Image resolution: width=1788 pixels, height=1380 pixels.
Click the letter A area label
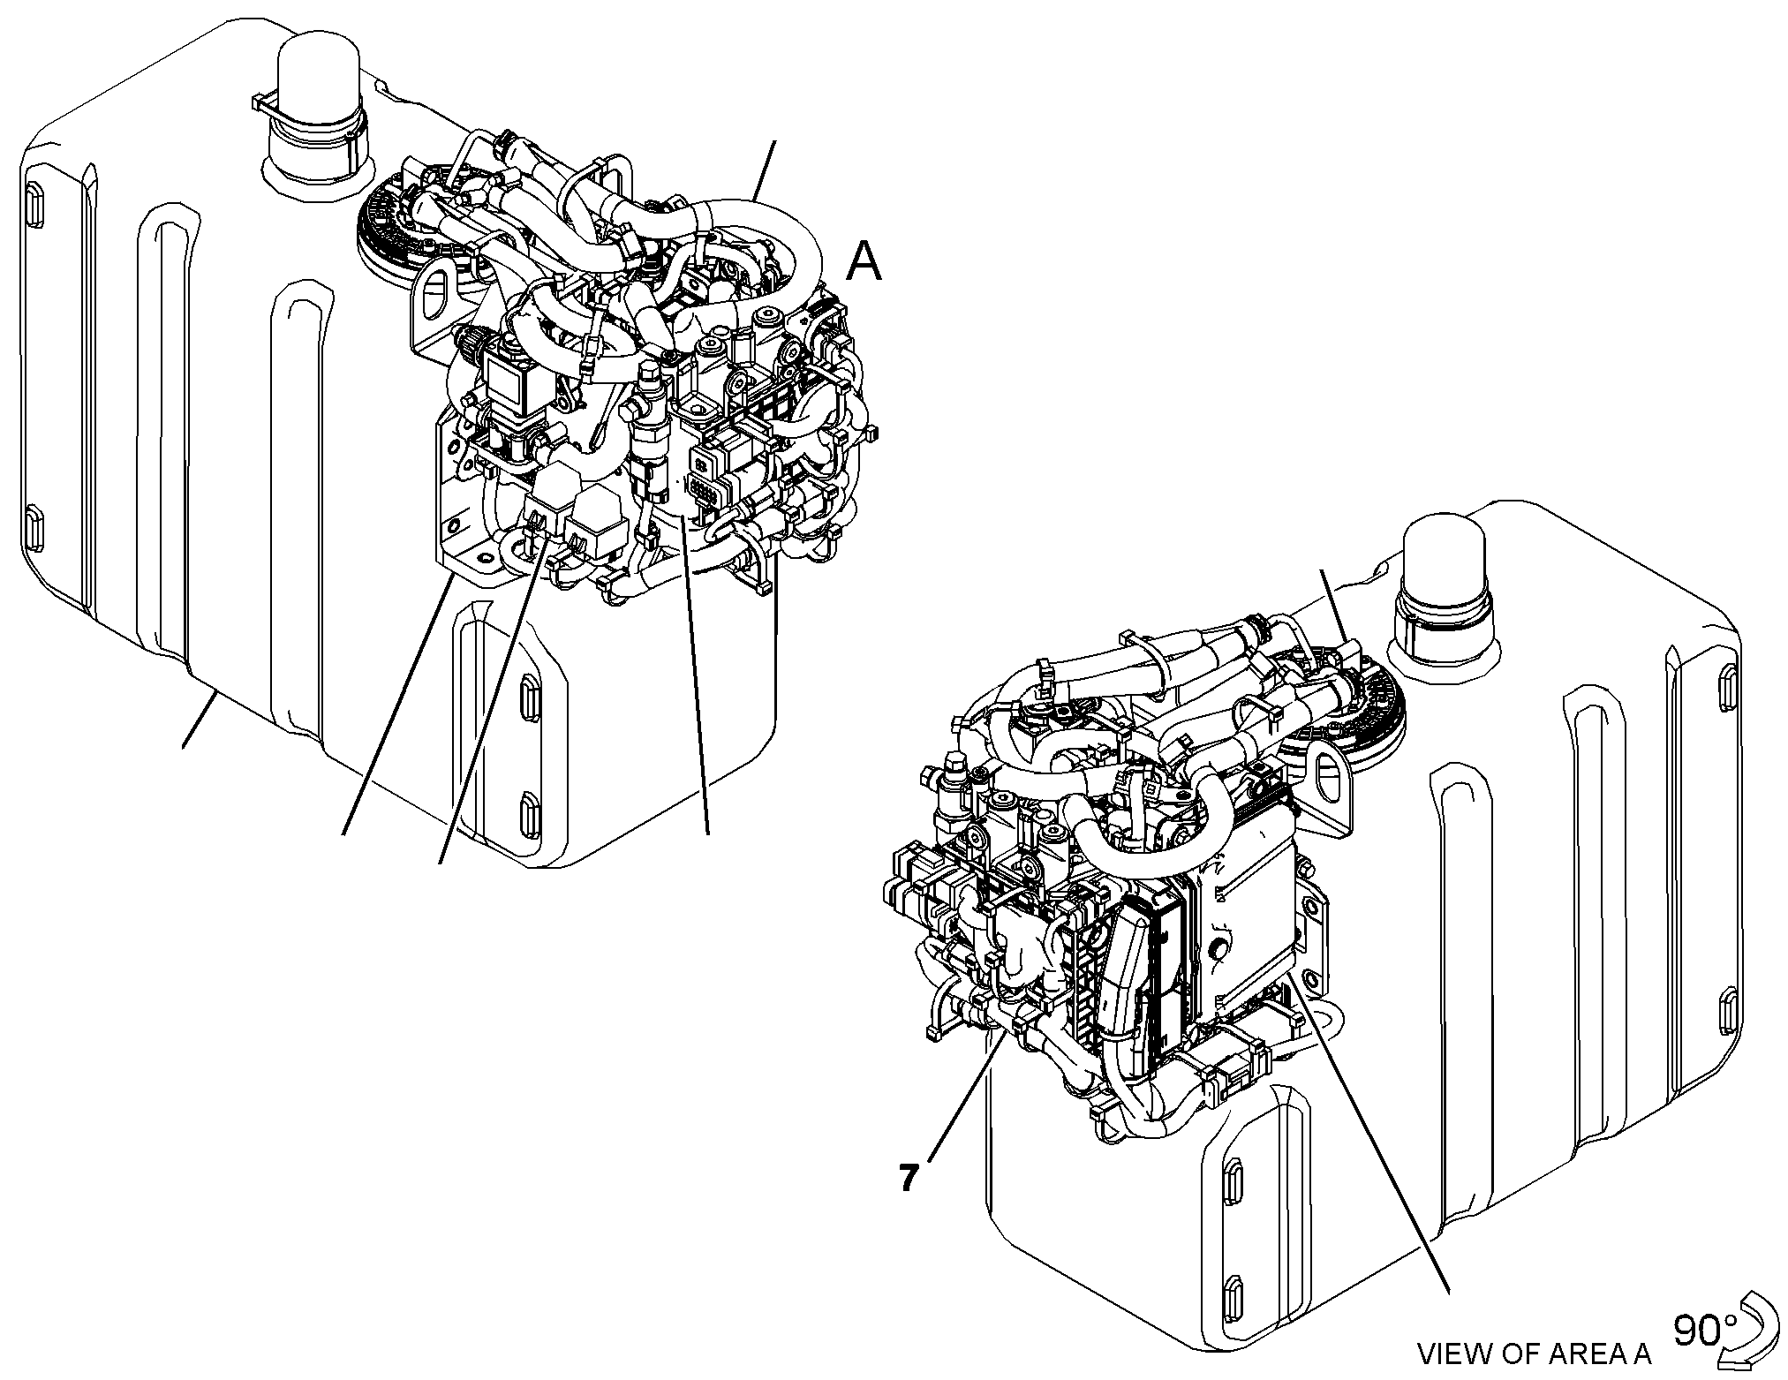point(864,261)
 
